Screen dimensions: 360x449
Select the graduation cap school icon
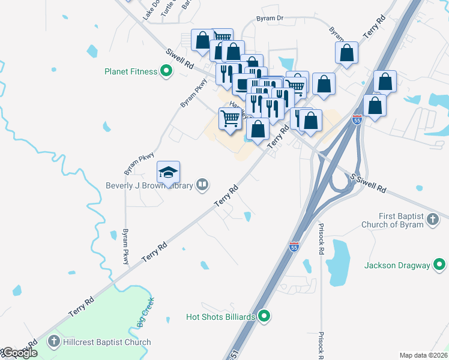[169, 173]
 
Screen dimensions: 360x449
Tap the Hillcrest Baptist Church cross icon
[54, 342]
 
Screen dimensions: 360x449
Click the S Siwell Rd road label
[368, 183]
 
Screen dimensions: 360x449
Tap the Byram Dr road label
[270, 19]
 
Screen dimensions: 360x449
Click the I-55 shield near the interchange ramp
[357, 119]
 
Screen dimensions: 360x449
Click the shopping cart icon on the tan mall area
[231, 118]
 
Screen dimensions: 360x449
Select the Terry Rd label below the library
[227, 197]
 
